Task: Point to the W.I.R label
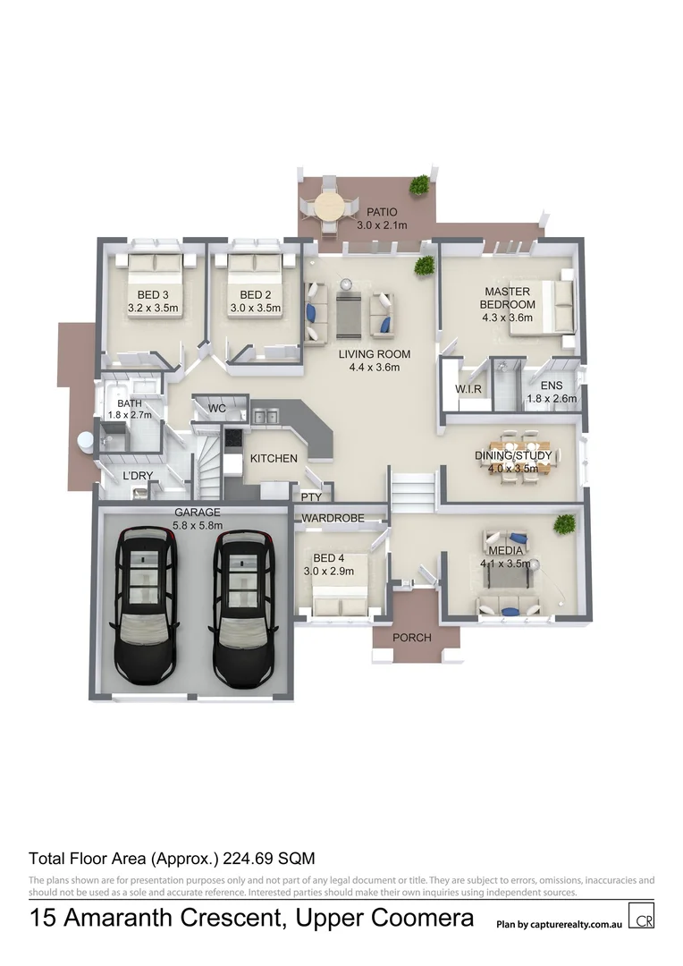(468, 390)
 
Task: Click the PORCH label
(412, 638)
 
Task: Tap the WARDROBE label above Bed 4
(332, 518)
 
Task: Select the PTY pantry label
(311, 496)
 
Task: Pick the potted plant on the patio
(417, 185)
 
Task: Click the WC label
(217, 409)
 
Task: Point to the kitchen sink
(262, 415)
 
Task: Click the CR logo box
(641, 917)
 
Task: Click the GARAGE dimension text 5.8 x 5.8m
(197, 525)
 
